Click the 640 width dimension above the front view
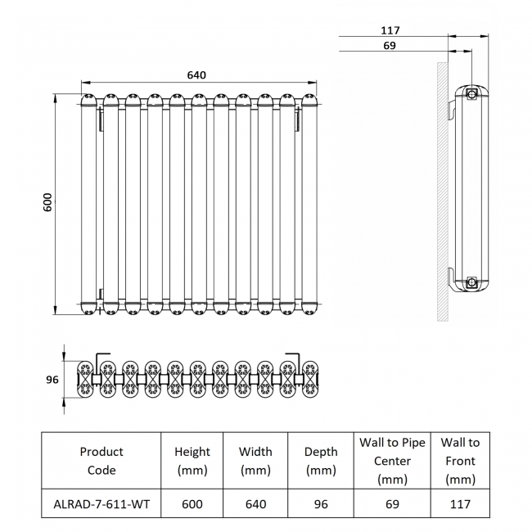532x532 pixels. [196, 75]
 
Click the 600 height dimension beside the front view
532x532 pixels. [47, 202]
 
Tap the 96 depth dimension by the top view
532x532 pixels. [52, 380]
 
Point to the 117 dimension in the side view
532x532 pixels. [390, 30]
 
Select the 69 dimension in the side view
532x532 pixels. [390, 46]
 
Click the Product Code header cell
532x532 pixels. [101, 461]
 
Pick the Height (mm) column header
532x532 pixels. [192, 461]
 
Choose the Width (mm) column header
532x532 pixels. [255, 461]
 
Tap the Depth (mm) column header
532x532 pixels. [321, 461]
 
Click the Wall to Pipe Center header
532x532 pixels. [392, 461]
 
